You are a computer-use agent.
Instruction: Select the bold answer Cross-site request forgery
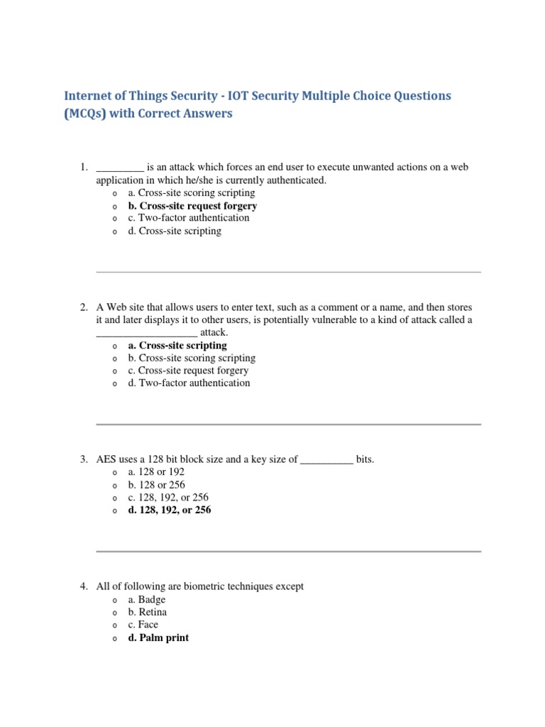[192, 206]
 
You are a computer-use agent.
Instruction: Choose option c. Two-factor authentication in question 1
[189, 218]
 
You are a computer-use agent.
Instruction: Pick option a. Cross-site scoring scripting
[192, 192]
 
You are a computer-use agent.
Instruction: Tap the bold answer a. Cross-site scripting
[177, 345]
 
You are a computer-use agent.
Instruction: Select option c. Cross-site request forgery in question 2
[188, 371]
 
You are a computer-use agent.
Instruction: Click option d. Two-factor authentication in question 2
[189, 383]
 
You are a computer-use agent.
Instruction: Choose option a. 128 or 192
[156, 472]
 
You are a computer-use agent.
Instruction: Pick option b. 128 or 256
[157, 485]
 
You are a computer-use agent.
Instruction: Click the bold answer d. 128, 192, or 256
[170, 510]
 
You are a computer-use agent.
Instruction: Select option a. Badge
[147, 600]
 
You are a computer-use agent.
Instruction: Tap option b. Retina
[148, 612]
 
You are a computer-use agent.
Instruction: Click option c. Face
[143, 625]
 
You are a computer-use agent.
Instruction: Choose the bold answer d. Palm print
[158, 638]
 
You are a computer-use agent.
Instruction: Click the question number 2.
[83, 307]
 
